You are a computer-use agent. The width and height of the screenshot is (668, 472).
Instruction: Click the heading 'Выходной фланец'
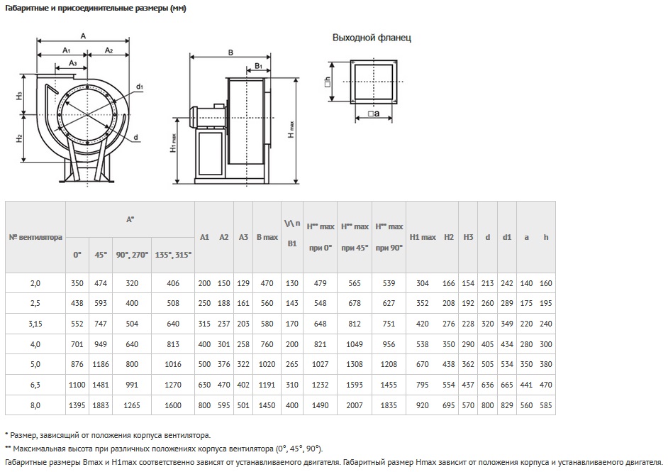coord(372,38)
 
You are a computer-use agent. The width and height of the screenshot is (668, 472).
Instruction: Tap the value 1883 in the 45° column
coord(101,405)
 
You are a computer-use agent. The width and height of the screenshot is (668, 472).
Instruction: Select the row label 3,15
coord(35,324)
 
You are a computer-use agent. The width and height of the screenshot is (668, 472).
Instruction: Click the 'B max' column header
coord(267,237)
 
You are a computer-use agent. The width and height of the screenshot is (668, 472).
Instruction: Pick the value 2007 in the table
coord(355,405)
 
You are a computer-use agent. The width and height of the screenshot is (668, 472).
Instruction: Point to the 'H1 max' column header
coord(423,237)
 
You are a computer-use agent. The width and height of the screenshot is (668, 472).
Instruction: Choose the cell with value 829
coord(507,405)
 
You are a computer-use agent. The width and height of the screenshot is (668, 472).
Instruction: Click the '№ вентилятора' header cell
coord(35,237)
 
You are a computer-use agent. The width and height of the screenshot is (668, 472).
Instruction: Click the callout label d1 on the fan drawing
coord(140,87)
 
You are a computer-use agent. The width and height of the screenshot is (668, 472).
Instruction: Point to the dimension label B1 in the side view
coord(259,66)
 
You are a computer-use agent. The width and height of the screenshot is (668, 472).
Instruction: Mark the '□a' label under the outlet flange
coord(374,114)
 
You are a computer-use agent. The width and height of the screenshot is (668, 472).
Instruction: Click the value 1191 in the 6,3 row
coord(267,384)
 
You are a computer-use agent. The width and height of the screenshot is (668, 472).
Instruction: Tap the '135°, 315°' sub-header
coord(173,255)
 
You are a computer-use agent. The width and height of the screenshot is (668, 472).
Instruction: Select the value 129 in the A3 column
coord(243,283)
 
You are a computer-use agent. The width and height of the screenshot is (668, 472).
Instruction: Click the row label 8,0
coord(35,405)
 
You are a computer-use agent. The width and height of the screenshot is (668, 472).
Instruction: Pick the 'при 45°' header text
coord(355,248)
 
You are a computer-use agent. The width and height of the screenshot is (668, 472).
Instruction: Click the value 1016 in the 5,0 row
coord(173,364)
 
